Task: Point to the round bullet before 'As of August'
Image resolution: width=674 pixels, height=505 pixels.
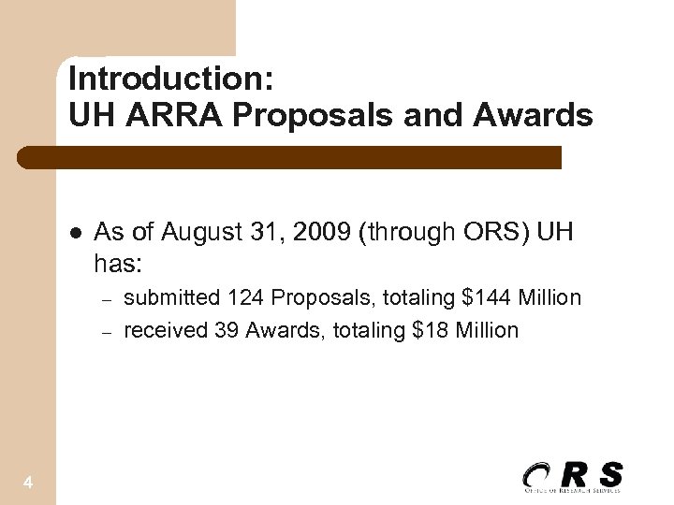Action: tap(75, 233)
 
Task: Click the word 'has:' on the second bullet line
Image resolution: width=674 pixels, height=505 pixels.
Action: tap(118, 265)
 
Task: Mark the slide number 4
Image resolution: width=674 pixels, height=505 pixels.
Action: tap(28, 483)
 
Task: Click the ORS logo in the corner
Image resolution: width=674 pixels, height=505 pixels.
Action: tap(572, 476)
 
